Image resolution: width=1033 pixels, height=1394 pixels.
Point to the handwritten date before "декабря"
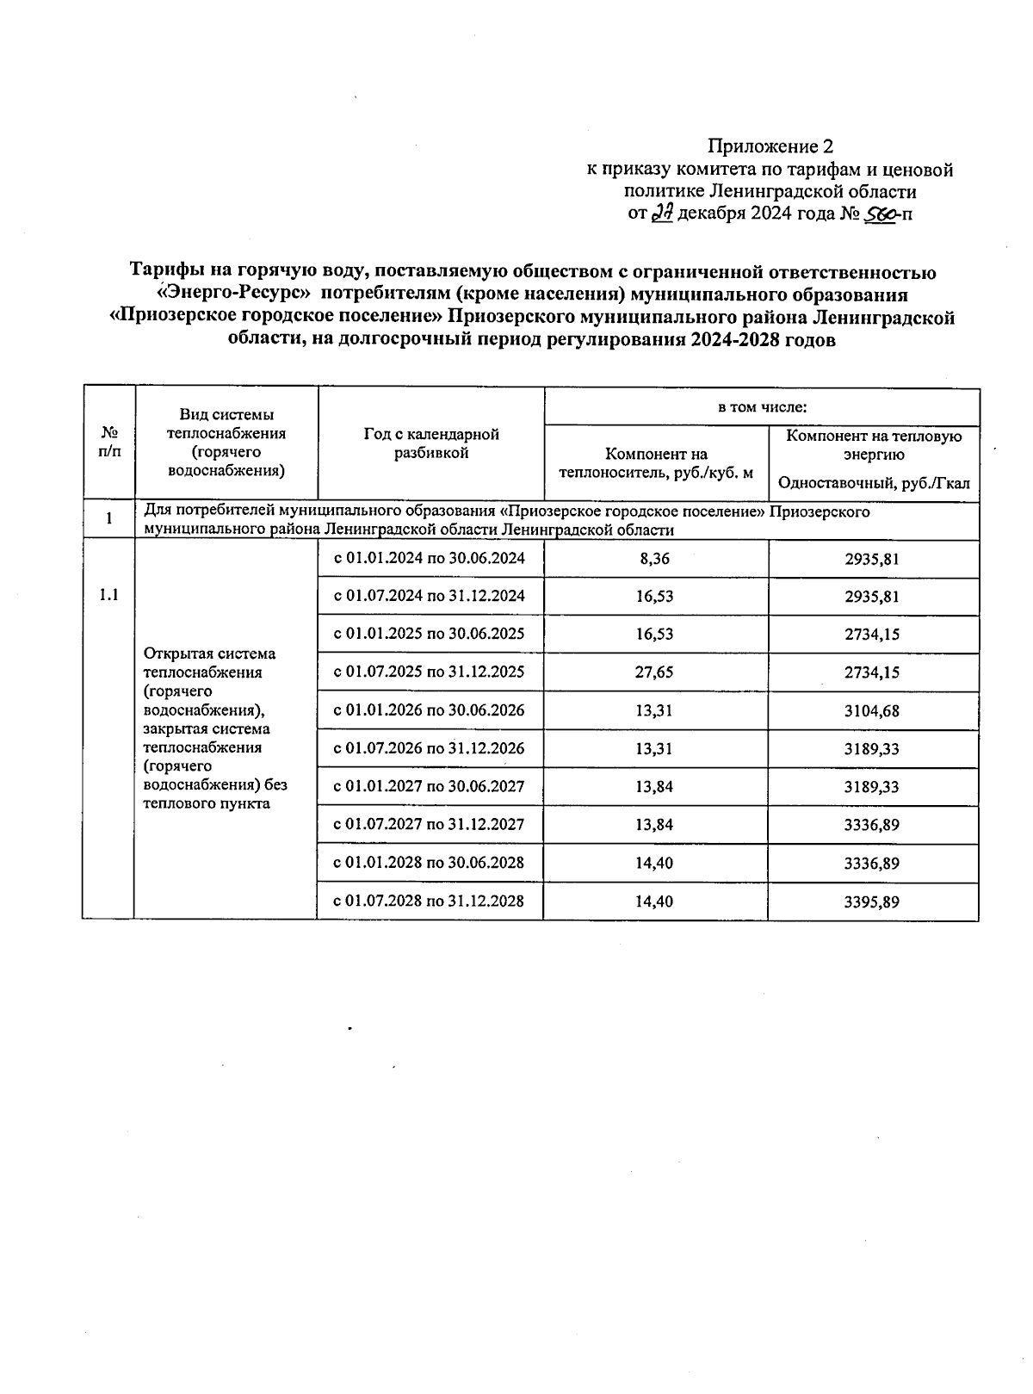pyautogui.click(x=661, y=214)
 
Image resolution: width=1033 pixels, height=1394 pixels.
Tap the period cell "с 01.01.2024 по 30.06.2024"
pyautogui.click(x=430, y=558)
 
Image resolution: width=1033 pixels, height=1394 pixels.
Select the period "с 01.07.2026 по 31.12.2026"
pyautogui.click(x=430, y=748)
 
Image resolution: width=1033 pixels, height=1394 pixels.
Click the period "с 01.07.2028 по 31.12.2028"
pyautogui.click(x=430, y=901)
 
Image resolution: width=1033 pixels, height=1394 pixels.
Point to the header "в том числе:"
pyautogui.click(x=762, y=406)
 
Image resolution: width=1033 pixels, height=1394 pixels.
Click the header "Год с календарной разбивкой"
pyautogui.click(x=431, y=443)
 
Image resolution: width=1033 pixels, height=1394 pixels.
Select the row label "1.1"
pyautogui.click(x=108, y=595)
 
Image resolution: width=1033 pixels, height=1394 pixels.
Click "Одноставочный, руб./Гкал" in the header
pyautogui.click(x=873, y=484)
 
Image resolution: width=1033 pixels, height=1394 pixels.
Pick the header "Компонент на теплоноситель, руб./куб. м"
pyautogui.click(x=656, y=463)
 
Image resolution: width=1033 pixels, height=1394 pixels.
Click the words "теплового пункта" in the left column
pyautogui.click(x=207, y=803)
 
